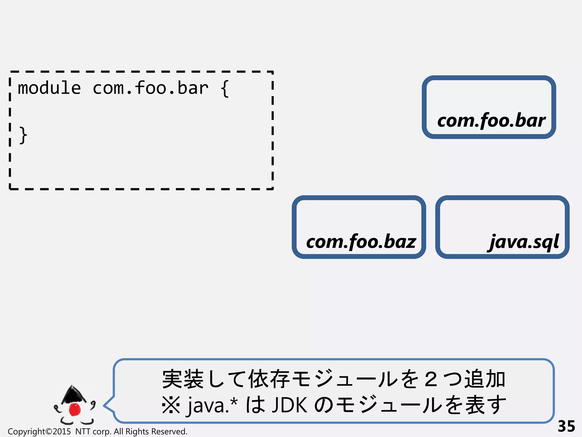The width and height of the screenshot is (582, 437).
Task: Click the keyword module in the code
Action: (x=49, y=88)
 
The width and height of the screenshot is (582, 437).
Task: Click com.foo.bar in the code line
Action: (x=151, y=88)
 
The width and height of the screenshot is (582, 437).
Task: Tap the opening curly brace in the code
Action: (x=225, y=88)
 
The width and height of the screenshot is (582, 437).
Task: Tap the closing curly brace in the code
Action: (x=23, y=135)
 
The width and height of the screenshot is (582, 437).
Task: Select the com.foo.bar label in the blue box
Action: (x=491, y=121)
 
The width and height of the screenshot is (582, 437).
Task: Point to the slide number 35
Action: (x=566, y=426)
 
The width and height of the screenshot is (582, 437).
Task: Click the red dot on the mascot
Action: (x=75, y=409)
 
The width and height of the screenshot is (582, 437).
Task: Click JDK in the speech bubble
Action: (x=289, y=405)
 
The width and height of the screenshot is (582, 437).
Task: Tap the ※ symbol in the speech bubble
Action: (x=171, y=405)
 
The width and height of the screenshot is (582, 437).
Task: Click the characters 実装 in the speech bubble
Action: (x=183, y=379)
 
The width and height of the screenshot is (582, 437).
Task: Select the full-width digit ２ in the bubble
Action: (x=431, y=379)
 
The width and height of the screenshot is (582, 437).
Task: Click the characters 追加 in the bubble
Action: (x=485, y=379)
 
